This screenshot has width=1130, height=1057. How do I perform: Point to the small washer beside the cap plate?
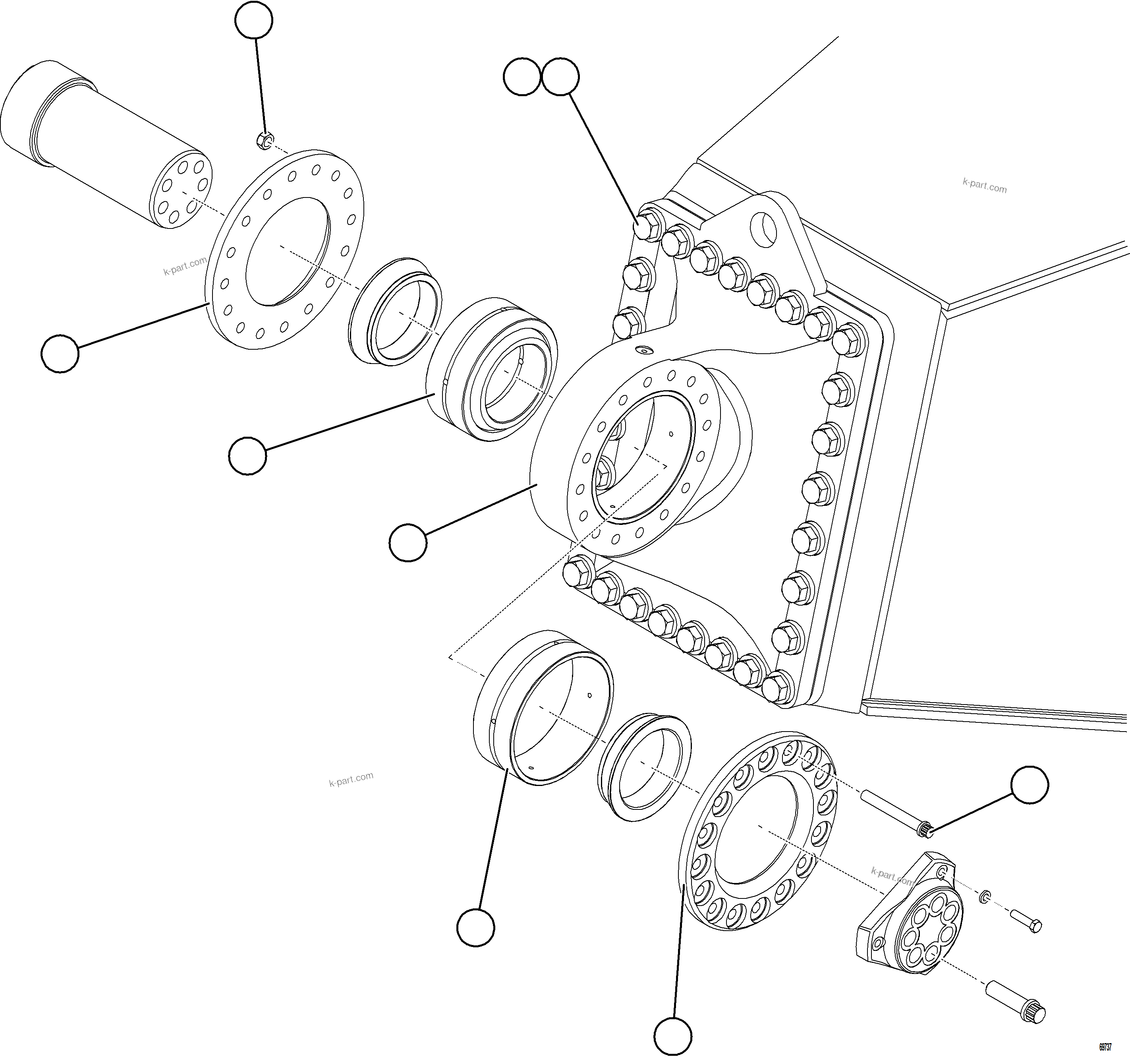coord(985,898)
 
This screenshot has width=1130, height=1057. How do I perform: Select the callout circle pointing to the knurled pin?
coord(1030,785)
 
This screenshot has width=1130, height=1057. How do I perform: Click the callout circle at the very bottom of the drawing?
coord(672,1036)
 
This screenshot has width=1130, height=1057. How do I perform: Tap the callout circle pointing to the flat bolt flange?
coord(60,354)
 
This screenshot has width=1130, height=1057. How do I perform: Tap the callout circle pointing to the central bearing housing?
coord(408,543)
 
